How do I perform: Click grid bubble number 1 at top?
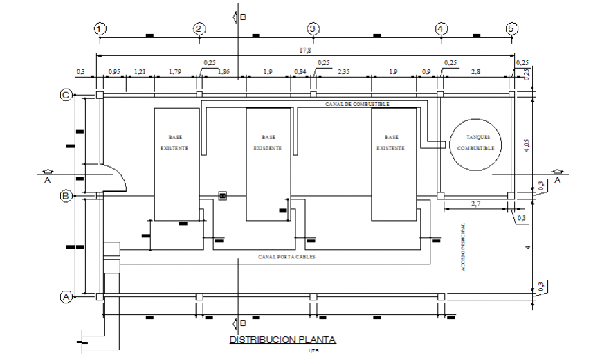100,29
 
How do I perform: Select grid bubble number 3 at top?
313,29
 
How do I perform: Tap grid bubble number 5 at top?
511,29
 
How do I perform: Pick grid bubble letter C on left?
66,96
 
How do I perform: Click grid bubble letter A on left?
66,296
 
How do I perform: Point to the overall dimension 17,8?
305,50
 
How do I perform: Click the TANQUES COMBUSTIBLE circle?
475,143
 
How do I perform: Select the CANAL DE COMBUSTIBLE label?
357,104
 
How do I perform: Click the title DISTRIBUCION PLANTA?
282,340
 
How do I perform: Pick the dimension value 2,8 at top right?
477,71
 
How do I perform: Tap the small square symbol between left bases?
223,196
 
